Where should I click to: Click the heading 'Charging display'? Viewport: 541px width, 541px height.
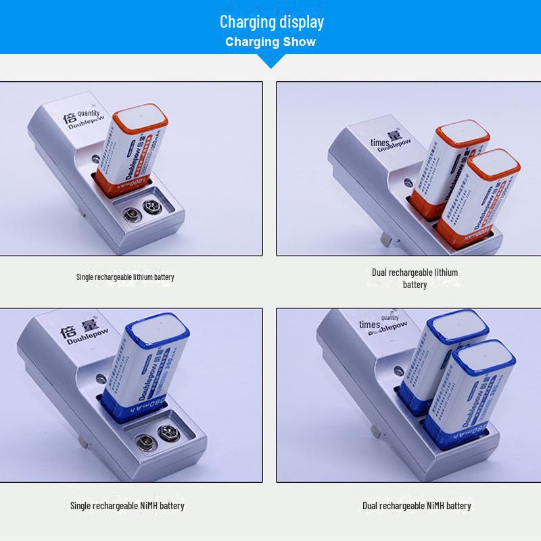pos(271,22)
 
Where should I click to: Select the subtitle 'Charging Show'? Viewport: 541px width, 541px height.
pos(270,42)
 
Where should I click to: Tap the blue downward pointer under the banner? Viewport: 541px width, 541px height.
pos(271,63)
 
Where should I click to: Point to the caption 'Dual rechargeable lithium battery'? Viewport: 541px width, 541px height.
pos(415,278)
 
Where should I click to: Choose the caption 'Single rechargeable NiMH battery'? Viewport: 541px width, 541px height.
pos(127,505)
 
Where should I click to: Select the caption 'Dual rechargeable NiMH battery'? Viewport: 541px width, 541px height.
pos(417,505)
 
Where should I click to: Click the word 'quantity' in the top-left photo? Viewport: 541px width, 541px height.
pos(89,113)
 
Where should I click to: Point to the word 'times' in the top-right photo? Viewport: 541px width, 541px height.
pos(379,143)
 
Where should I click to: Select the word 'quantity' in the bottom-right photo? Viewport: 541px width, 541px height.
pos(390,317)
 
